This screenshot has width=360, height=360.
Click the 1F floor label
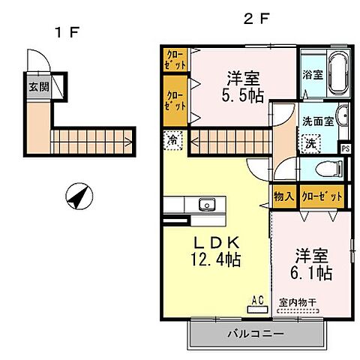(x=66, y=32)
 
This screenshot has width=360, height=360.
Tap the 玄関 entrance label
(x=39, y=86)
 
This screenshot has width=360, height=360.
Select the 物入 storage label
(x=283, y=196)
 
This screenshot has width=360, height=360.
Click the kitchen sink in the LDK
(x=206, y=205)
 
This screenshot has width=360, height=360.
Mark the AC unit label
(x=257, y=301)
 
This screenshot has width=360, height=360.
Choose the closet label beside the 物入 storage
(x=322, y=196)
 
